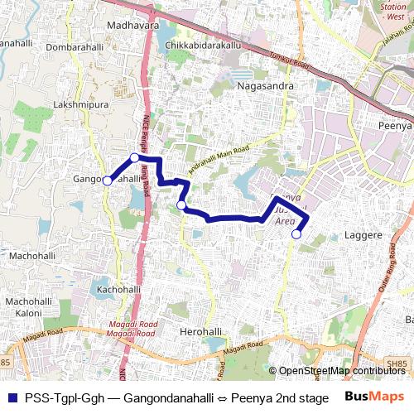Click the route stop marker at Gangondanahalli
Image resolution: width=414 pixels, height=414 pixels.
coord(107,181)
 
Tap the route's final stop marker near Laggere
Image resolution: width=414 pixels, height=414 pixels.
coord(296,234)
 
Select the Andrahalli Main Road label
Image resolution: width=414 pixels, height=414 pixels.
coord(219,154)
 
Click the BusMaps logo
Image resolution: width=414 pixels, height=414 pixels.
coord(375,397)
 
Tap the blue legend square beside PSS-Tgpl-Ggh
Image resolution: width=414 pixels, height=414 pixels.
coord(10,397)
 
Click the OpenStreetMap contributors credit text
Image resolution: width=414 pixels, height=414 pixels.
coord(343,372)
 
